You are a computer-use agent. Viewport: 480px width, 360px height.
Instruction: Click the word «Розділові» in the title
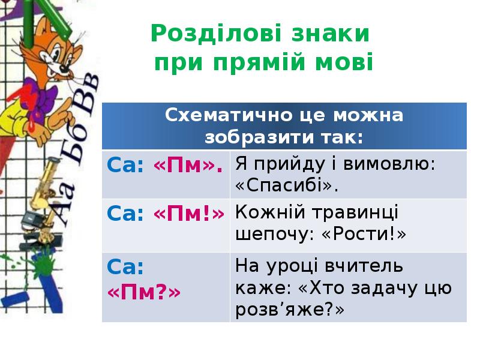point(215,34)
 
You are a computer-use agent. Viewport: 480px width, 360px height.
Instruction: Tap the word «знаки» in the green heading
point(331,34)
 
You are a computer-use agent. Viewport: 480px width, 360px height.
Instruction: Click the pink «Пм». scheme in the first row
point(188,166)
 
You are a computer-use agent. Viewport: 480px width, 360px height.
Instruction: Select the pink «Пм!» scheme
point(189,214)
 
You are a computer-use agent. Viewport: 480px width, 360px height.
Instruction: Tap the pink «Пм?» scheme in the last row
point(144,292)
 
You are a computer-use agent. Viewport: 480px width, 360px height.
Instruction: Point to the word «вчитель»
point(364,265)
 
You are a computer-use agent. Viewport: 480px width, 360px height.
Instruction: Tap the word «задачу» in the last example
point(368,289)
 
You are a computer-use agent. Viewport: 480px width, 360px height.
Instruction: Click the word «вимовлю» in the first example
point(386,164)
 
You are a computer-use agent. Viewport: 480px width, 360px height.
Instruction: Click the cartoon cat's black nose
point(65,68)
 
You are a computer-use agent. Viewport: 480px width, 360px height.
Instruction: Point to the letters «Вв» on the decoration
point(86,93)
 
